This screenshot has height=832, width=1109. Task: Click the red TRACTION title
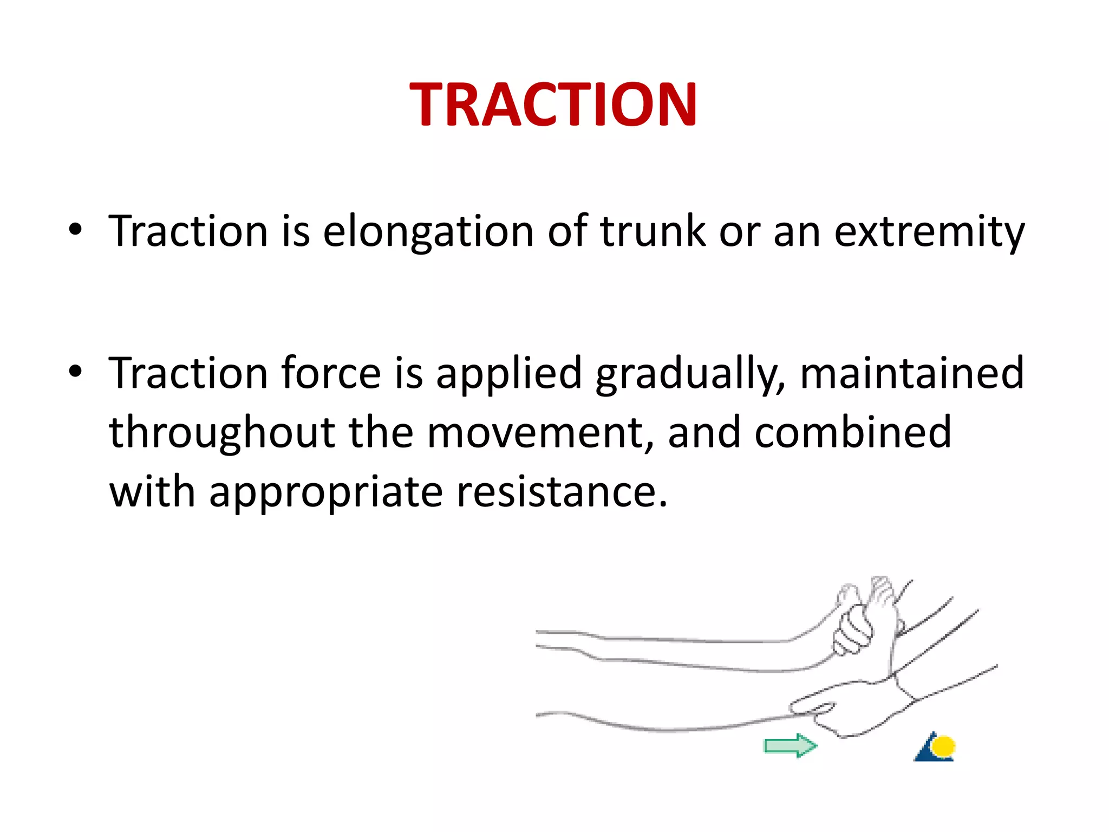tap(553, 104)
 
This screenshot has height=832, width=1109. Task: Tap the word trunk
tap(653, 232)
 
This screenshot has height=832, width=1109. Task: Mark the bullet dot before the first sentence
tap(75, 230)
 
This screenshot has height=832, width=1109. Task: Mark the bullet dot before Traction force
tap(75, 372)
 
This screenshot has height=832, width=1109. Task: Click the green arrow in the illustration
tap(790, 746)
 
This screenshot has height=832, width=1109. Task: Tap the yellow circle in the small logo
tap(944, 746)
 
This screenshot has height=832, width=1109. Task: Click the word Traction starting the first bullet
tap(188, 232)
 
